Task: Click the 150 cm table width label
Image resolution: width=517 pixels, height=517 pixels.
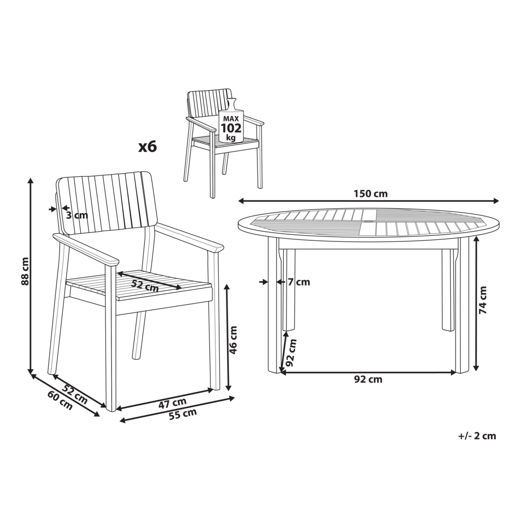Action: tap(371, 193)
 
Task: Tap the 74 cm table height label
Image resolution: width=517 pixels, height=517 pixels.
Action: tap(483, 300)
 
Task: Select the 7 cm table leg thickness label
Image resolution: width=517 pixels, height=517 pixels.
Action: tap(299, 282)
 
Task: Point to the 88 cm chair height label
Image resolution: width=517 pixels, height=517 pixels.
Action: tap(24, 271)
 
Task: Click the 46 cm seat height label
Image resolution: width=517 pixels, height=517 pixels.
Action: tap(233, 340)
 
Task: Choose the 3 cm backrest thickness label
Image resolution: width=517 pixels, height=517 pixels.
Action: tap(77, 215)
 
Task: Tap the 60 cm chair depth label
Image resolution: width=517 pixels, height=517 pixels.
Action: tap(60, 400)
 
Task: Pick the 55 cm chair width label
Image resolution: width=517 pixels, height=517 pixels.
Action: tap(183, 414)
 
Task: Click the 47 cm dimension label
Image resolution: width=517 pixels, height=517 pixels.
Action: tap(173, 403)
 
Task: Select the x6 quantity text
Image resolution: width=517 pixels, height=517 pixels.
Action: tap(147, 146)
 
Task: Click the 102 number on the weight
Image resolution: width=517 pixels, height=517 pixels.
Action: tap(231, 128)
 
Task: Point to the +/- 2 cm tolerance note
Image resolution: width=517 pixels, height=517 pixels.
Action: tap(477, 436)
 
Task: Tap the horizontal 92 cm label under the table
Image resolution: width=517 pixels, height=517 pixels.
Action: tap(368, 379)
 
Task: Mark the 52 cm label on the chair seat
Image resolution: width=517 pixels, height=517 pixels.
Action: tap(145, 285)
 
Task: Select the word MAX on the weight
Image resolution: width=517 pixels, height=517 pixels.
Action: tap(231, 118)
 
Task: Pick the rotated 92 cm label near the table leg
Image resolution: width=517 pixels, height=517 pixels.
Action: tap(292, 353)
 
